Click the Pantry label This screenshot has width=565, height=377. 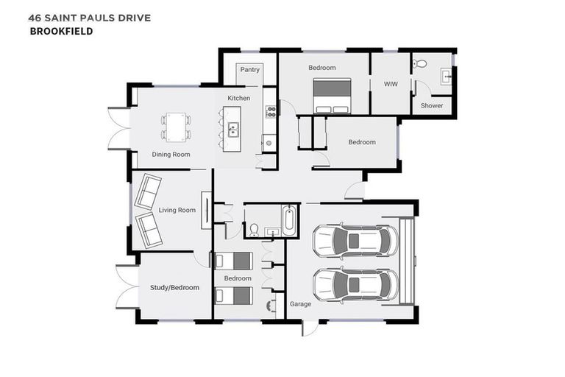(249, 70)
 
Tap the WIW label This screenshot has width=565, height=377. (391, 84)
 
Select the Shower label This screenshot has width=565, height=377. (432, 106)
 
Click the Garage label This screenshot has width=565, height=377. (300, 304)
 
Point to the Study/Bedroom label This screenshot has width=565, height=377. (175, 287)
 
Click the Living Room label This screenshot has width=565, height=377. (177, 210)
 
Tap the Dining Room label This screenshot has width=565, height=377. (171, 155)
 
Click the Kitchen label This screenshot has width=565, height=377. (238, 98)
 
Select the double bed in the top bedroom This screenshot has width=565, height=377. (332, 96)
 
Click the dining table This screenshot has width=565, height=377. (176, 127)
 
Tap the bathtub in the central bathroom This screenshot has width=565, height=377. (289, 220)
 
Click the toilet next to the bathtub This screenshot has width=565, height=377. (254, 230)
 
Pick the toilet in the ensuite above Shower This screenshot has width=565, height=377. (419, 64)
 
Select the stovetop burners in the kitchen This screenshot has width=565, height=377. (271, 111)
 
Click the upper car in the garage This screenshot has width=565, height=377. (355, 241)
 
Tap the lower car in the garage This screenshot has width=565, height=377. (355, 285)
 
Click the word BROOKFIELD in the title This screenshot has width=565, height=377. (61, 32)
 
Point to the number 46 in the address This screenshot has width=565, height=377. (35, 18)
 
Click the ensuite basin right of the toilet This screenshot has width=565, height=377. (446, 77)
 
